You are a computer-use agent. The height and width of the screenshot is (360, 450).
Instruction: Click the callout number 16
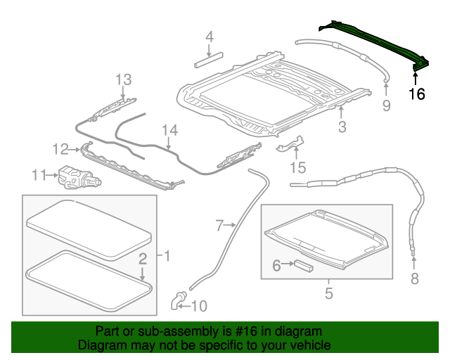click(x=417, y=94)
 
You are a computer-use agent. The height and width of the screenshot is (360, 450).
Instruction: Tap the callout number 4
click(x=209, y=37)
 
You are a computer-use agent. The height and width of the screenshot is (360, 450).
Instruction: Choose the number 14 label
click(x=169, y=130)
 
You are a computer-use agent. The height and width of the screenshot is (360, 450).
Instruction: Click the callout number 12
click(x=60, y=148)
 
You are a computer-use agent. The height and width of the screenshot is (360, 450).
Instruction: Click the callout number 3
click(x=342, y=127)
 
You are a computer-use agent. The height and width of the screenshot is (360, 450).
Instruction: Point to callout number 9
click(x=386, y=105)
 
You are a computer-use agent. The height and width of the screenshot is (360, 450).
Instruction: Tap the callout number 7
click(x=220, y=225)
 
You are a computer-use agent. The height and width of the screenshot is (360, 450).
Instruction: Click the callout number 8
click(x=414, y=279)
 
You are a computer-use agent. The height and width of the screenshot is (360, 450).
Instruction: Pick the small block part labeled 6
click(x=303, y=265)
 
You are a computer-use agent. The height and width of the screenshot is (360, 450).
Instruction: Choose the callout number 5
click(x=328, y=293)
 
